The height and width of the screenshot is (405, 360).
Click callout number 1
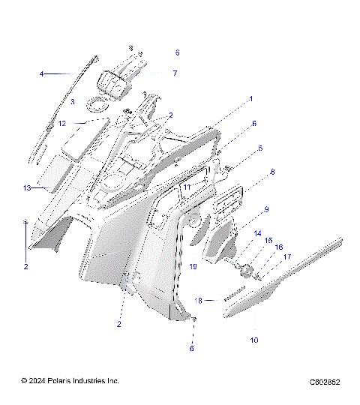click(x=251, y=99)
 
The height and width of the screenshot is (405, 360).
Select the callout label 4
click(x=42, y=73)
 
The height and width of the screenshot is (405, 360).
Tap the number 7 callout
click(x=175, y=73)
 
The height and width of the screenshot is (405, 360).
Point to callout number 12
click(x=63, y=122)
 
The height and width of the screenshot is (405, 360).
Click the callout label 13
click(x=27, y=187)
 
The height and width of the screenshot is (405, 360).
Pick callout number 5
click(x=260, y=148)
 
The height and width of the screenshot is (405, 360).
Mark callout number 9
click(x=266, y=209)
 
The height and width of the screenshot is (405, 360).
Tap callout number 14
click(x=257, y=233)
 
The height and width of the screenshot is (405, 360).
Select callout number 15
click(x=268, y=240)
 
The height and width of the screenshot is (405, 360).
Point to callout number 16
click(x=279, y=247)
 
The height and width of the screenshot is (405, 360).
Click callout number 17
click(x=286, y=256)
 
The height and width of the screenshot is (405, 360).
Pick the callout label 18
click(x=199, y=300)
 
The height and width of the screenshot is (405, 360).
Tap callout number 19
click(x=193, y=266)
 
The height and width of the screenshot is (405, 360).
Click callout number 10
click(x=253, y=340)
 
